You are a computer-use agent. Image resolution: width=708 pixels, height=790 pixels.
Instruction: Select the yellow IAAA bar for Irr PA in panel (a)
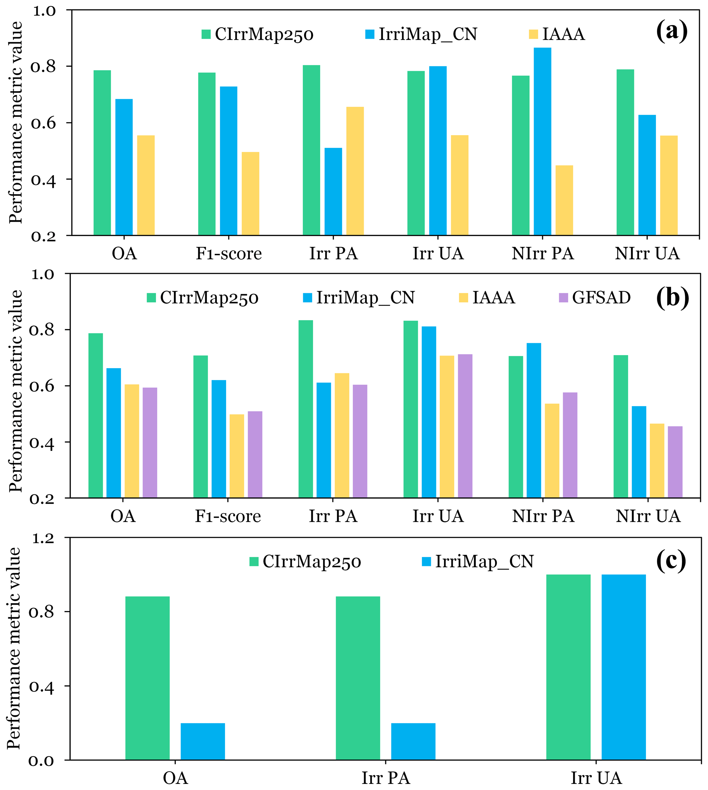click(x=355, y=171)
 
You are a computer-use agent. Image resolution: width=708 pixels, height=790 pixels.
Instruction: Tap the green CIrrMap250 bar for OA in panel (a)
click(x=102, y=153)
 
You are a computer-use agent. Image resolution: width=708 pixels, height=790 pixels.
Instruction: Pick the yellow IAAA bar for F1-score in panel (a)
click(x=250, y=194)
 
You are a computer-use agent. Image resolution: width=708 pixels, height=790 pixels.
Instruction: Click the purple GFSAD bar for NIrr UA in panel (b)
click(x=675, y=462)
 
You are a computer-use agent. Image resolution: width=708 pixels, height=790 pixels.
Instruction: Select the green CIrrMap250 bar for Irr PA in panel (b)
click(x=306, y=409)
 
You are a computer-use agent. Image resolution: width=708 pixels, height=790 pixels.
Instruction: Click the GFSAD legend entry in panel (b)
click(x=594, y=298)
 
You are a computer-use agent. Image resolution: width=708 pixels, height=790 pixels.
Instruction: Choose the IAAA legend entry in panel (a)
click(x=557, y=34)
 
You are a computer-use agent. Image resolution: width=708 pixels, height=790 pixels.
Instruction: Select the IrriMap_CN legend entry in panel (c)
click(x=478, y=561)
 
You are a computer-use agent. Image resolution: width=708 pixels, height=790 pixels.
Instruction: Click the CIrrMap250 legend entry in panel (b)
click(x=203, y=298)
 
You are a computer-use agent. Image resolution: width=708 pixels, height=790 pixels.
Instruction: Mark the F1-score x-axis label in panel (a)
click(x=229, y=254)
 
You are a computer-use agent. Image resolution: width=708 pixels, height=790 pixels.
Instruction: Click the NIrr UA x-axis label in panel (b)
click(x=648, y=516)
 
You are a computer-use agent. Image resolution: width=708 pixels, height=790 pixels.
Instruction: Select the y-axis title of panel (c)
click(x=14, y=649)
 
